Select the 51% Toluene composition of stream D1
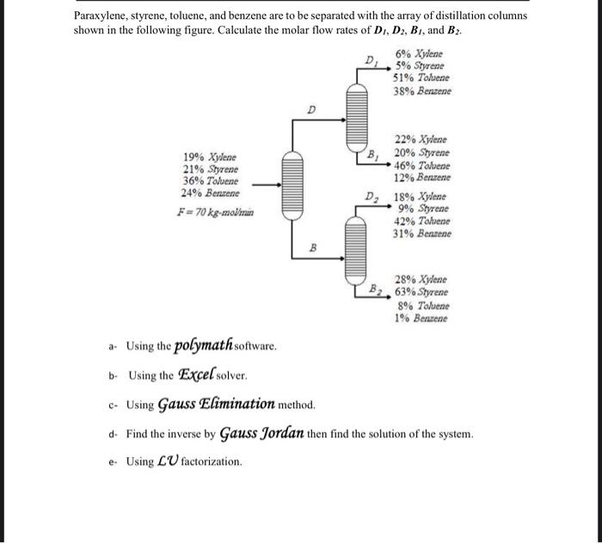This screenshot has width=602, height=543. pyautogui.click(x=421, y=77)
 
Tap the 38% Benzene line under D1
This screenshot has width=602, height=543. pyautogui.click(x=422, y=90)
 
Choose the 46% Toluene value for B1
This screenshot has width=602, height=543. pyautogui.click(x=421, y=165)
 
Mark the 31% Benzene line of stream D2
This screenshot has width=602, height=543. pyautogui.click(x=421, y=233)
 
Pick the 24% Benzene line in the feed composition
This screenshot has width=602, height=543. pyautogui.click(x=209, y=194)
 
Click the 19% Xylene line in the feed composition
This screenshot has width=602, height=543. pyautogui.click(x=209, y=157)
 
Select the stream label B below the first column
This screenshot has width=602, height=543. pyautogui.click(x=313, y=247)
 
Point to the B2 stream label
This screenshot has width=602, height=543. pyautogui.click(x=375, y=288)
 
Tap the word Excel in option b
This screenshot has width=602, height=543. pyautogui.click(x=200, y=375)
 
